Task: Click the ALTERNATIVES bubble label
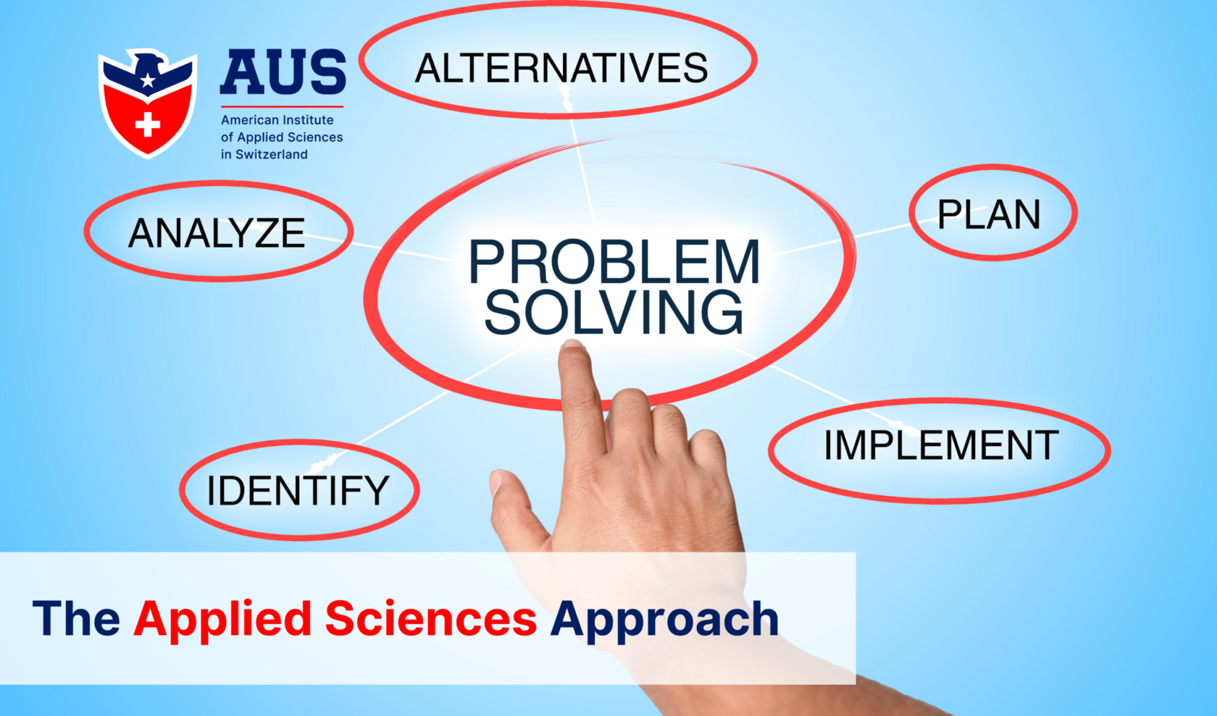point(561,68)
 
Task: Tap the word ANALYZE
point(217,233)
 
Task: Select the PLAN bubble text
point(989,214)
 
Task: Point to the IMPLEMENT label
point(941,445)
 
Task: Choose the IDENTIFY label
point(298,490)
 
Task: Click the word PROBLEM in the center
point(614,262)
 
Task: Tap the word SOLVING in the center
point(614,313)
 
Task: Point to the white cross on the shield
point(148,125)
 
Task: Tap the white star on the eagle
point(148,80)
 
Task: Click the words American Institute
point(277,120)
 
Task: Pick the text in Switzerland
point(264,154)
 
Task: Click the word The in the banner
point(76,619)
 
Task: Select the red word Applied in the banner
point(222,620)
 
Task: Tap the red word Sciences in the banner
point(431,619)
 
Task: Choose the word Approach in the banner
point(664,620)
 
